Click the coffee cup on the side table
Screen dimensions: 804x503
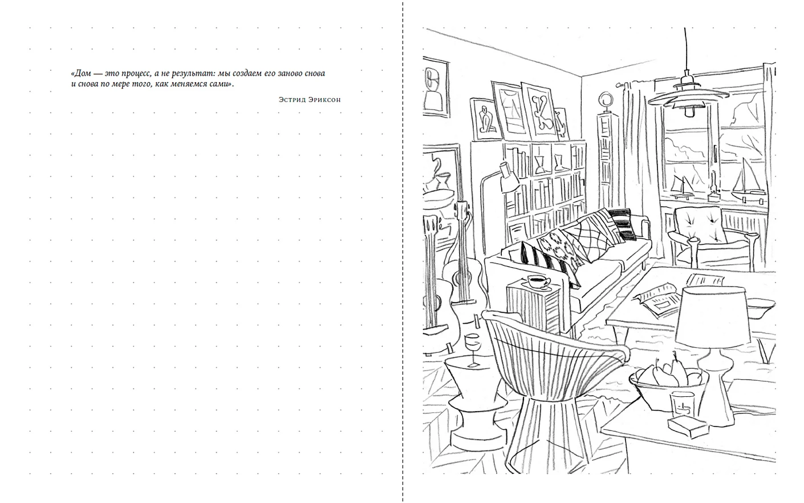tap(539, 281)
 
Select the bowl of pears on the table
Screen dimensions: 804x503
tap(668, 384)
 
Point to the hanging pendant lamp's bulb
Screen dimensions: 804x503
tap(689, 111)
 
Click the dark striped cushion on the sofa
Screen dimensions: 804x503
tap(623, 224)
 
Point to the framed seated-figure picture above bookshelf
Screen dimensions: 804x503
tap(486, 120)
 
